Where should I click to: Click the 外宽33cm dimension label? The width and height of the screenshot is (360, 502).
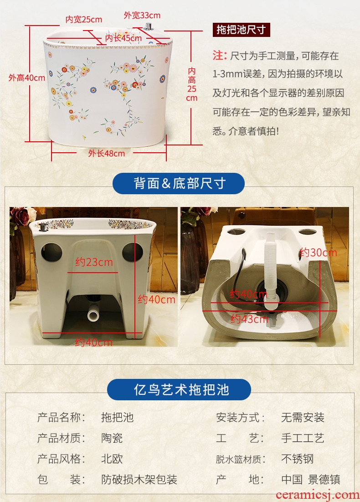tap(142, 15)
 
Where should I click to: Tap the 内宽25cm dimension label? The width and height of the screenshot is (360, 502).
tap(84, 20)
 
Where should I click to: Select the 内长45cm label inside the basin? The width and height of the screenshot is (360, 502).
tap(123, 38)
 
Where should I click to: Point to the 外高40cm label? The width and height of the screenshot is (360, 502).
tap(27, 78)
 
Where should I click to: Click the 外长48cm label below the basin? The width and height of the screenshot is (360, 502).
tap(107, 153)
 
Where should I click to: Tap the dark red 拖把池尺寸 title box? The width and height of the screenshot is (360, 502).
tap(241, 30)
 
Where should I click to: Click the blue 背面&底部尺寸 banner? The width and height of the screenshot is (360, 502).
tap(179, 183)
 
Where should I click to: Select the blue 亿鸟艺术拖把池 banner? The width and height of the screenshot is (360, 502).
tap(179, 390)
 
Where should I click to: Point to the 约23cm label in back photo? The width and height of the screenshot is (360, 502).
tap(94, 262)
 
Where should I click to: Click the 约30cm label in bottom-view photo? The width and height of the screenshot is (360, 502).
tap(319, 253)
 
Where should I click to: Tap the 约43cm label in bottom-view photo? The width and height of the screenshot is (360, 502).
tap(250, 319)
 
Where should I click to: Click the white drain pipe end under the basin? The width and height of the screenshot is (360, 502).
tap(93, 316)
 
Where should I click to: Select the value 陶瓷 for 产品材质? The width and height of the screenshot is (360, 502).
tap(112, 438)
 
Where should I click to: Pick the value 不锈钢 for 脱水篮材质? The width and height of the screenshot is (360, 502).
tap(298, 459)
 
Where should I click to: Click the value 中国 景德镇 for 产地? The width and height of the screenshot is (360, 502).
tap(311, 479)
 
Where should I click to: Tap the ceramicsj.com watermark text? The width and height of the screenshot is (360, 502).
tap(318, 495)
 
